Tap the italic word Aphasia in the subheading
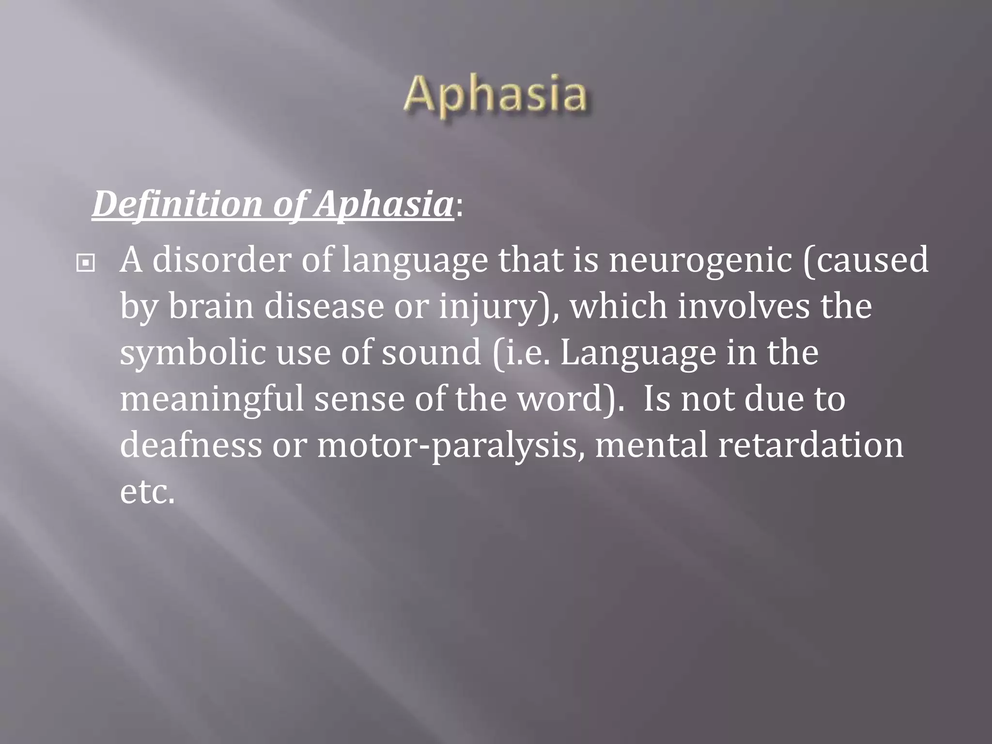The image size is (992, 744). pyautogui.click(x=383, y=204)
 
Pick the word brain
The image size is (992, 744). pyautogui.click(x=211, y=307)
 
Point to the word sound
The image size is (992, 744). pyautogui.click(x=431, y=352)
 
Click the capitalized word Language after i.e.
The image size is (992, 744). pyautogui.click(x=638, y=353)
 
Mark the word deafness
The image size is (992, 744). pyautogui.click(x=190, y=445)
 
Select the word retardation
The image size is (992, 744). pyautogui.click(x=810, y=445)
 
